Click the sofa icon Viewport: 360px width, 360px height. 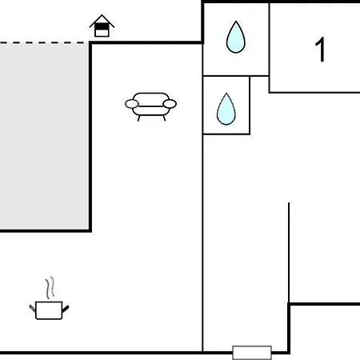[150, 106]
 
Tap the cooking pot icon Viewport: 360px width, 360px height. [49, 310]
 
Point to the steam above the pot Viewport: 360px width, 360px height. [50, 287]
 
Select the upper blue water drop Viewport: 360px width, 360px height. [236, 38]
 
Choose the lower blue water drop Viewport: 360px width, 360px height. [226, 110]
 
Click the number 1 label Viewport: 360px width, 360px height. [320, 50]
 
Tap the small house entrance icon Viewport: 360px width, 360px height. [102, 26]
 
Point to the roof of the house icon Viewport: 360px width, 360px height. [102, 21]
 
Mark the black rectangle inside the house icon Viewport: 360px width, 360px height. [102, 26]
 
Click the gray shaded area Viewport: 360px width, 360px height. [44, 136]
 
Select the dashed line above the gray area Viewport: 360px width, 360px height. [44, 42]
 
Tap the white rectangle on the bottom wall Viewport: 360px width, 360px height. [252, 353]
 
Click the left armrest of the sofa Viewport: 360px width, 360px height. [132, 104]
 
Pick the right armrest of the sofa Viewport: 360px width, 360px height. [170, 104]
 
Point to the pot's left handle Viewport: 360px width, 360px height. [32, 308]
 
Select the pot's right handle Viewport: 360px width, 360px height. [66, 309]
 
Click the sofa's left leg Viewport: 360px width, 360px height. [138, 118]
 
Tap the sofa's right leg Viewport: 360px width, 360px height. [164, 118]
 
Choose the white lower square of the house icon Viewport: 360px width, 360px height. [102, 33]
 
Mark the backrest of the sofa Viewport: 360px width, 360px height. [150, 98]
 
